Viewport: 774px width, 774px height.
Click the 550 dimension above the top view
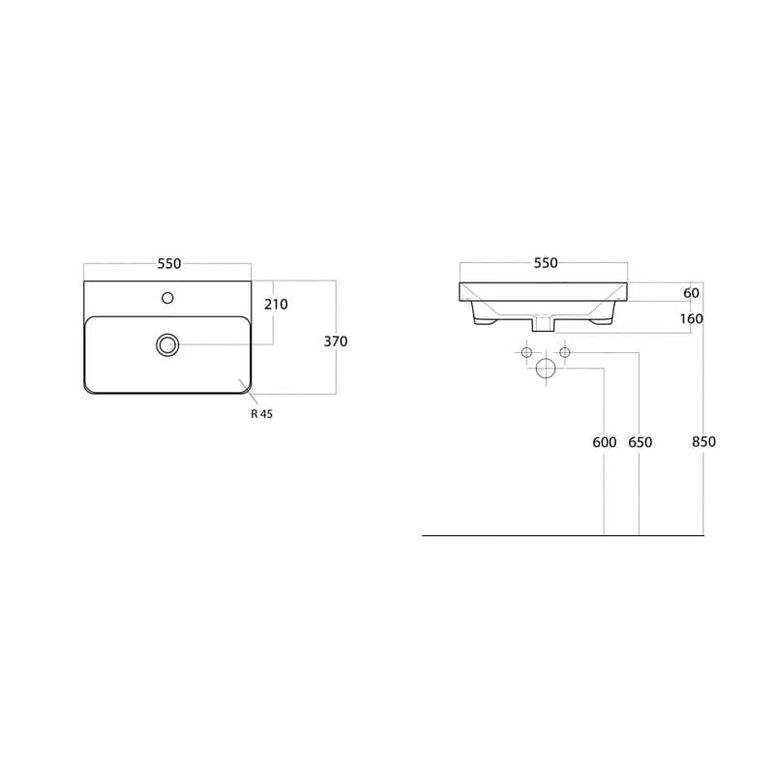(x=169, y=264)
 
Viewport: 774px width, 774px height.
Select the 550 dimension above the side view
(x=546, y=263)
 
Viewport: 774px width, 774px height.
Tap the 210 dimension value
(x=276, y=305)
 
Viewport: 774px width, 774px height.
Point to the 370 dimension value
(x=336, y=342)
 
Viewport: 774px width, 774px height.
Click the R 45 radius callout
(x=261, y=414)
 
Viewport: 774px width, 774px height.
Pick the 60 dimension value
(x=692, y=293)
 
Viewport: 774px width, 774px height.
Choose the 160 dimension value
(x=692, y=319)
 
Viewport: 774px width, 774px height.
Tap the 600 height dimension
(x=605, y=442)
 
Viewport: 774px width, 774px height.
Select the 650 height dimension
(x=640, y=442)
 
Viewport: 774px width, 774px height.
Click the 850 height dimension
(x=703, y=442)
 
